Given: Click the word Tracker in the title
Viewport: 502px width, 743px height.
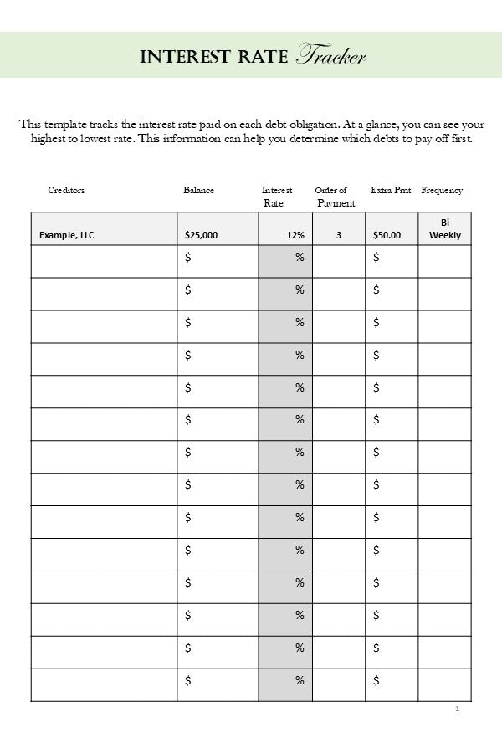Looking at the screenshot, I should [x=332, y=56].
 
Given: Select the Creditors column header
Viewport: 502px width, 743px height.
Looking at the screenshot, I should [x=66, y=191].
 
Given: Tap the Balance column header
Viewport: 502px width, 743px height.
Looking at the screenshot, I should [x=198, y=191].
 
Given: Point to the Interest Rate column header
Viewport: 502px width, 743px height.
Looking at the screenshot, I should [x=276, y=197].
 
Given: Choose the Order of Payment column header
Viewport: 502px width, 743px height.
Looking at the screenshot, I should [x=334, y=197].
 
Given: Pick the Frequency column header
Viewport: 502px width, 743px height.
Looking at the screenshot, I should [x=442, y=191].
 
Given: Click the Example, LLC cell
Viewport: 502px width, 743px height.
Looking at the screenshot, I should [x=67, y=236].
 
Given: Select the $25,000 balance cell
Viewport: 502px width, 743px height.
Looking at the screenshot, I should [x=201, y=236].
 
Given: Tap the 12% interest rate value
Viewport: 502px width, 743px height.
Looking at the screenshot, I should [x=295, y=236].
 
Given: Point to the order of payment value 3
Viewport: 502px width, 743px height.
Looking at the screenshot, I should [x=339, y=236].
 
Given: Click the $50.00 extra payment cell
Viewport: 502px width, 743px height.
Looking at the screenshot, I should [x=387, y=236].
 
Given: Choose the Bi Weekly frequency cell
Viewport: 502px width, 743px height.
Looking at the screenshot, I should [x=445, y=229].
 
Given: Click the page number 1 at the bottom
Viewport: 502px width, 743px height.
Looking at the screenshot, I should [x=458, y=710].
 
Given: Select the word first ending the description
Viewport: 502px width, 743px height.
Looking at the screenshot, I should [x=460, y=139].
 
